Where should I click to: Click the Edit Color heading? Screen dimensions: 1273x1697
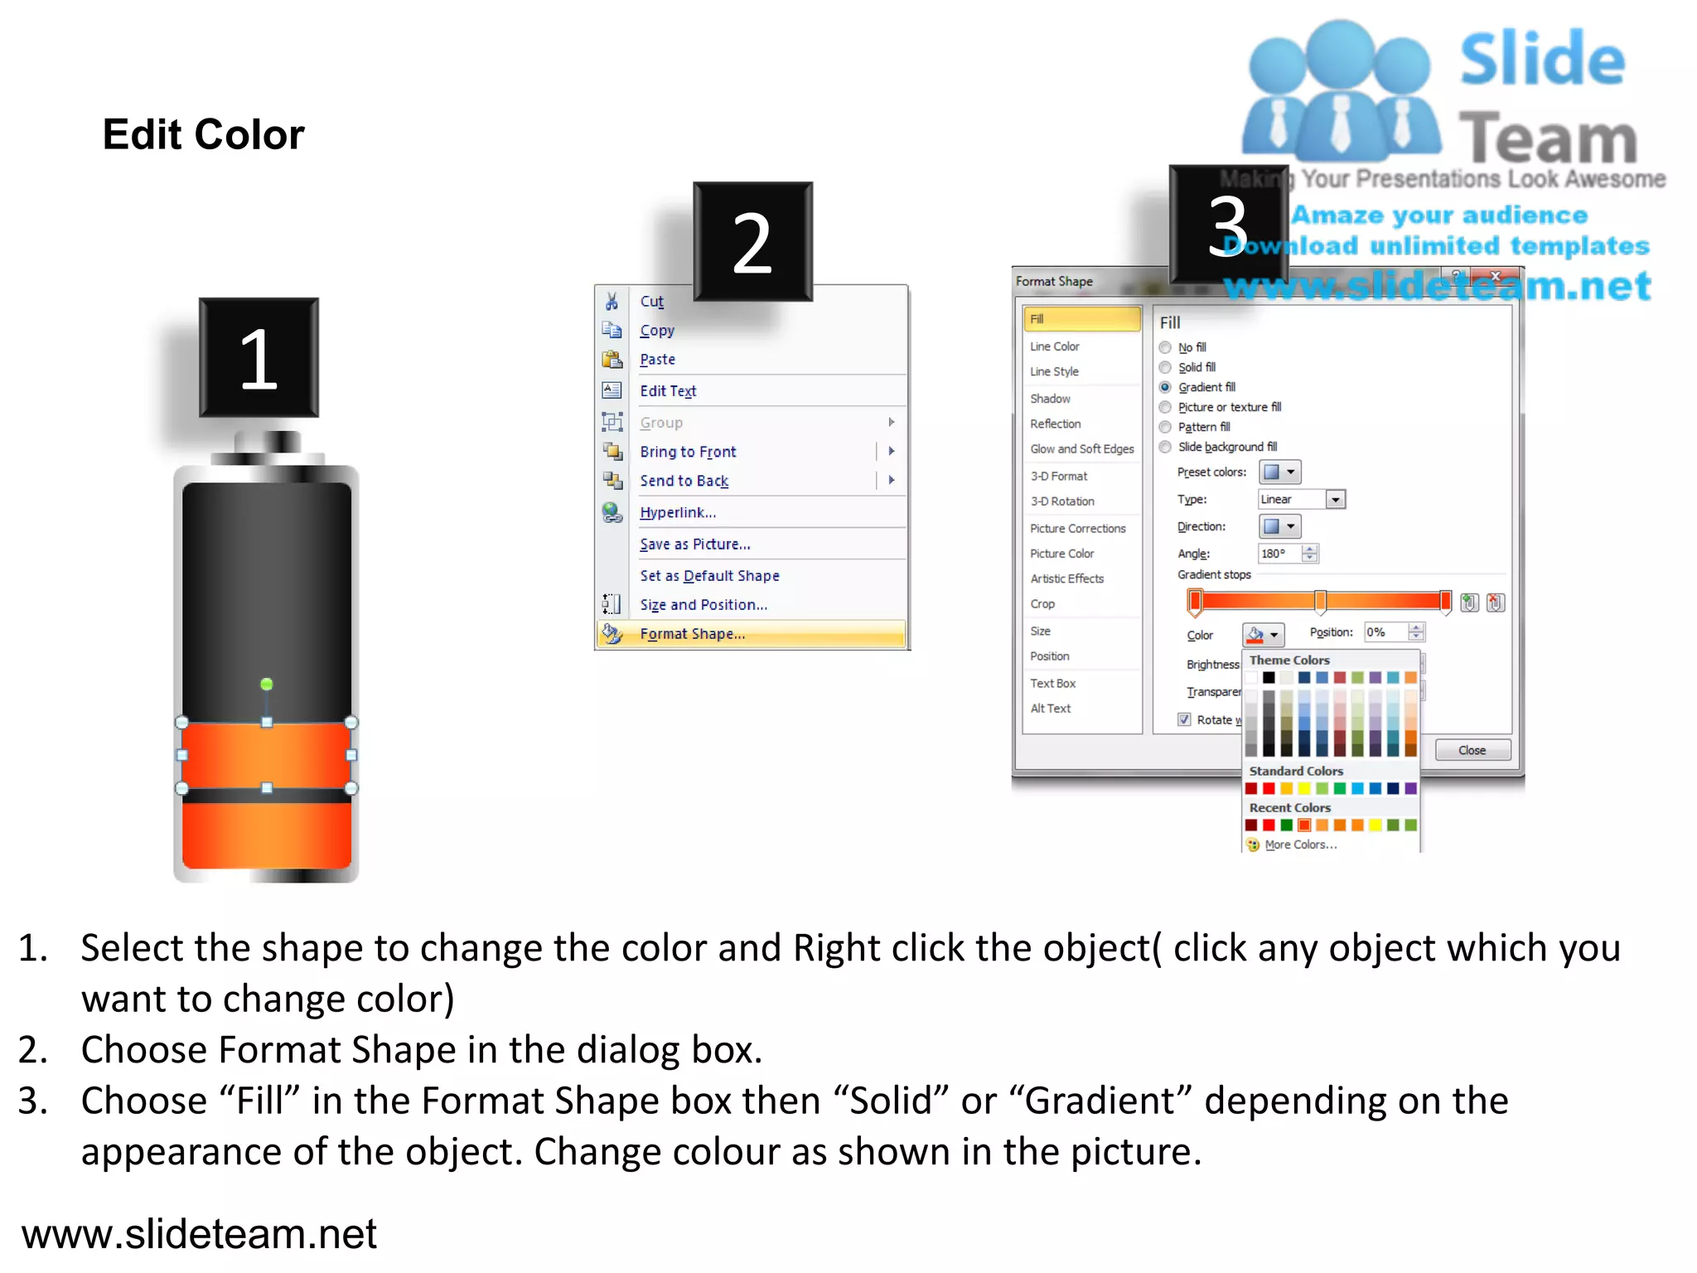coord(203,134)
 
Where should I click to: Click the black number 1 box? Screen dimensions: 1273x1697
coord(259,357)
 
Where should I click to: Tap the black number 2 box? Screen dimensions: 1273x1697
coord(752,241)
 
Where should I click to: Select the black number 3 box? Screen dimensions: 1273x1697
coord(1228,225)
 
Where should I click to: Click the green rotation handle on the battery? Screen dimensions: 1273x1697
coord(267,684)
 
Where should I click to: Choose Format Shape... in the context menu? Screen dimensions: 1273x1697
coord(692,634)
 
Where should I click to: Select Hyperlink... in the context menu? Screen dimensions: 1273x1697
coord(677,512)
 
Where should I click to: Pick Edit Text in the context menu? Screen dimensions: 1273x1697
coord(668,391)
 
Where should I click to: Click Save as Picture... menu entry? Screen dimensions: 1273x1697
coord(694,545)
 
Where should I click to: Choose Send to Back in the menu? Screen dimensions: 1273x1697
coord(684,481)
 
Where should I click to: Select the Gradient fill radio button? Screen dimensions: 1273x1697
coord(1165,387)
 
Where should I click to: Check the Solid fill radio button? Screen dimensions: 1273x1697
coord(1165,367)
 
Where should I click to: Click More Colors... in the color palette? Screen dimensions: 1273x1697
coord(1300,845)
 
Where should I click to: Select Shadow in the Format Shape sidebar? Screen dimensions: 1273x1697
coord(1050,399)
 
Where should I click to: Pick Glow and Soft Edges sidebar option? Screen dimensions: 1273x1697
coord(1081,449)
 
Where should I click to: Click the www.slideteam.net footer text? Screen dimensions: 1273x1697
coord(199,1233)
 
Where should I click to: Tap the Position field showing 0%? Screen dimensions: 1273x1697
coord(1385,632)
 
